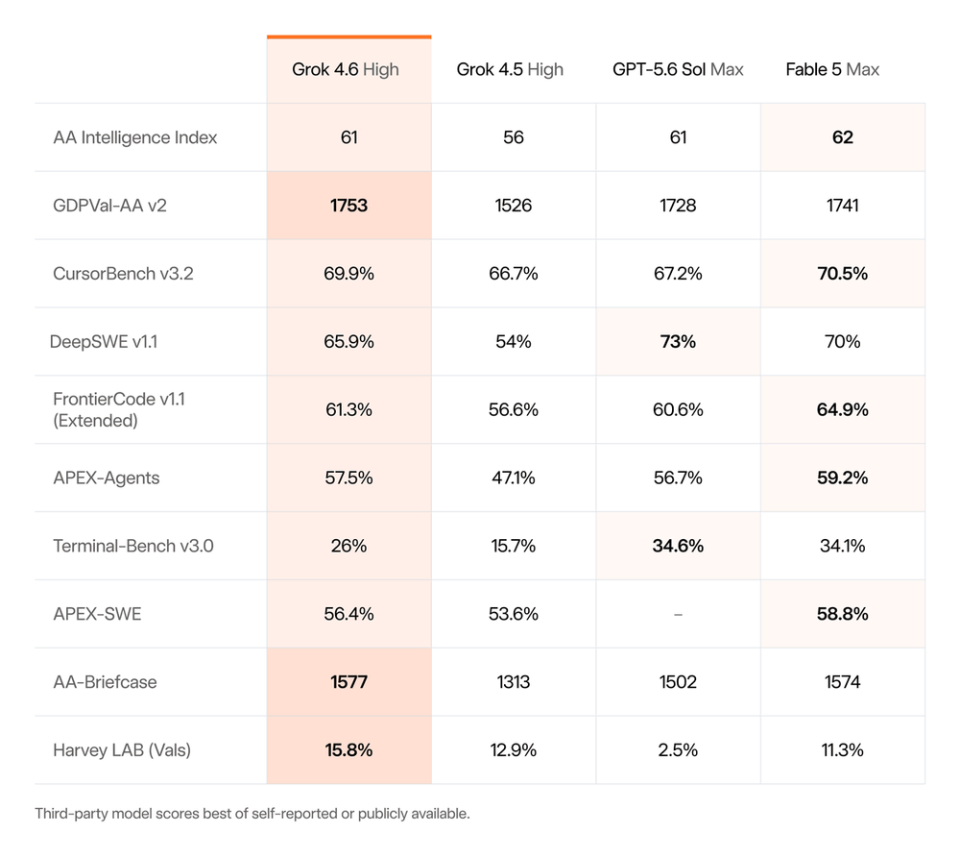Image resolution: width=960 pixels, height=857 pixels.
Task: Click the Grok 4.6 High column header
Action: [346, 70]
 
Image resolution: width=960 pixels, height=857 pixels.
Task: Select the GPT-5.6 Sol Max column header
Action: [678, 70]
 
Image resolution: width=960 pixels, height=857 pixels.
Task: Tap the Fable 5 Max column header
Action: [832, 70]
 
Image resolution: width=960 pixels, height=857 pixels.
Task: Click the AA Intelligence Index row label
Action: [135, 137]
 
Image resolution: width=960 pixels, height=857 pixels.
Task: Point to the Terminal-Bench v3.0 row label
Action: [133, 546]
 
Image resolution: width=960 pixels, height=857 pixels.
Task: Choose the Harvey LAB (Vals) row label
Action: [122, 749]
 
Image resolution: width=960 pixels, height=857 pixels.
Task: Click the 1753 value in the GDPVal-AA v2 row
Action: [349, 206]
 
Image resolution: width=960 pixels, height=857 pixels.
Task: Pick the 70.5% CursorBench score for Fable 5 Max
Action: [843, 273]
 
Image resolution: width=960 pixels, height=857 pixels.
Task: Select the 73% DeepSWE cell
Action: [678, 341]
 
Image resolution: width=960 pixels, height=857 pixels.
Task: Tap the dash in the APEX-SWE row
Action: [678, 615]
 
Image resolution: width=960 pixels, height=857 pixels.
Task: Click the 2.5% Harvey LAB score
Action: [678, 749]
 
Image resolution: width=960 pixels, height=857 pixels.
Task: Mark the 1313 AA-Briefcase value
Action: [513, 682]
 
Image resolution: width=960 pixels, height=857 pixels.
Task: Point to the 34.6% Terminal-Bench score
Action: [678, 546]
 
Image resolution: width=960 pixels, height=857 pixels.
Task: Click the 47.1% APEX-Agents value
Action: [513, 477]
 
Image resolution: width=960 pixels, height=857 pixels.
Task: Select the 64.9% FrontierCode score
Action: [843, 410]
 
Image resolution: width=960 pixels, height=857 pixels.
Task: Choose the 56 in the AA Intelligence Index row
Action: [513, 137]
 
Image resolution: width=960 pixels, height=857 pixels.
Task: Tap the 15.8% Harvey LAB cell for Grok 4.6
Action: [349, 749]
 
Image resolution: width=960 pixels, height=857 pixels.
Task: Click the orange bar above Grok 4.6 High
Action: [349, 37]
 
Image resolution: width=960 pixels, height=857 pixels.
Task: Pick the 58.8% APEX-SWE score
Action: [843, 614]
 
